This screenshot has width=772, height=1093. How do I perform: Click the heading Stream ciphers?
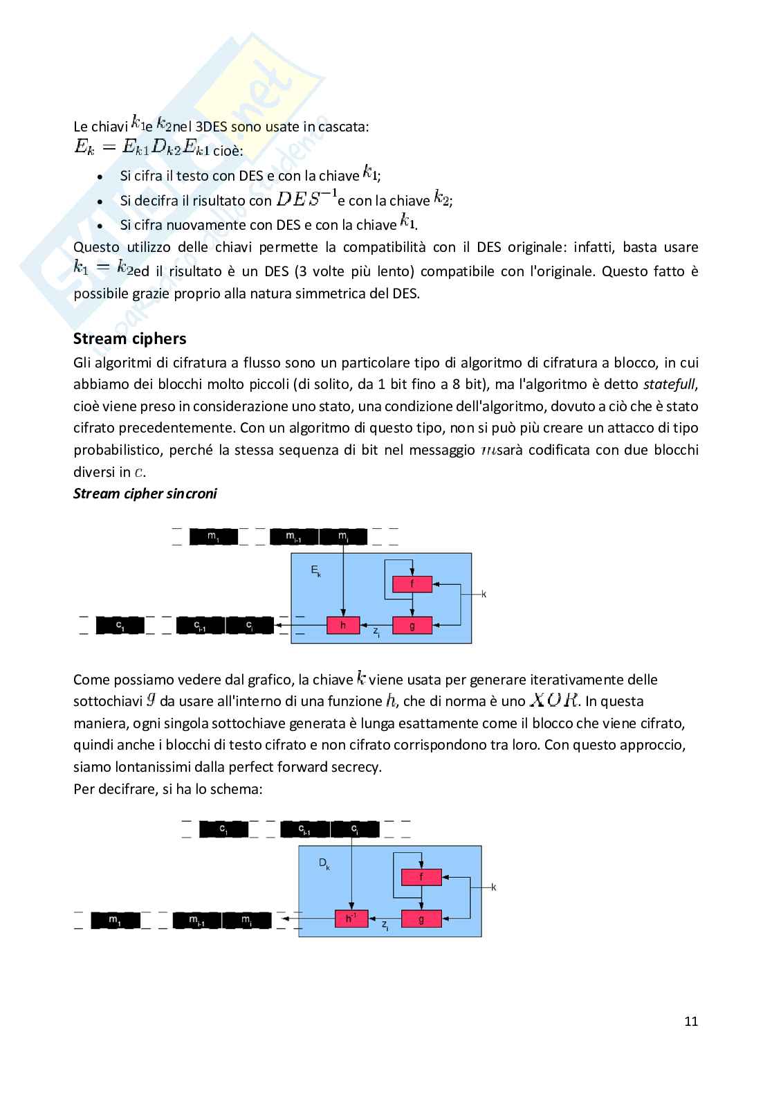(130, 338)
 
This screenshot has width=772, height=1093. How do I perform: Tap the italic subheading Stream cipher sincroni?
(145, 494)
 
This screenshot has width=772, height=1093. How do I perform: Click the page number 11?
(690, 1021)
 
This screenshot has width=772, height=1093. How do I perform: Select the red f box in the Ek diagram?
(412, 584)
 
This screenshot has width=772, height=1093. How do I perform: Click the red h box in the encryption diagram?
(343, 625)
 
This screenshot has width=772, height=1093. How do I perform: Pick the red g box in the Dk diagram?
(421, 919)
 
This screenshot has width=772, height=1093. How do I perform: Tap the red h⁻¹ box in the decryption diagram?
(351, 919)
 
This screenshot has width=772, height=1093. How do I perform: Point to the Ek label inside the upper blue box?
(315, 571)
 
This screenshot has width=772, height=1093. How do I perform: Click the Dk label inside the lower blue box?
(324, 863)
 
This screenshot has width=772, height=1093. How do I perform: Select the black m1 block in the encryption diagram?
(214, 536)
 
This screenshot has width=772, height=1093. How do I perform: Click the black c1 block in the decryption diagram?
(223, 829)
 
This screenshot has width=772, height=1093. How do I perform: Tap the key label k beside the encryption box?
(484, 594)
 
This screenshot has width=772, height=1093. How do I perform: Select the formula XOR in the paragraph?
(554, 700)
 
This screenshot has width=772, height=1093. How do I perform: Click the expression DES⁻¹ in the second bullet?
(306, 199)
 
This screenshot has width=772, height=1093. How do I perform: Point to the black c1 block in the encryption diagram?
(120, 626)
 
